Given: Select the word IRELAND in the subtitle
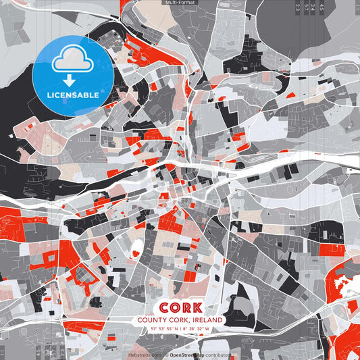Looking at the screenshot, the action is pos(208,320).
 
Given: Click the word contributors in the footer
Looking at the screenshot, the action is pos(217,355).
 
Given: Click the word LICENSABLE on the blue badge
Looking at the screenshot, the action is pos(73,95).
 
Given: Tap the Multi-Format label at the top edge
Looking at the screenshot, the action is pos(180,3).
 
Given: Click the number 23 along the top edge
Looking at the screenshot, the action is pos(298,7).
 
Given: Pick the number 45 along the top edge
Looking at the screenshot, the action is pos(322,7).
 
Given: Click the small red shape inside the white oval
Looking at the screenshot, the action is pos(135,253).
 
